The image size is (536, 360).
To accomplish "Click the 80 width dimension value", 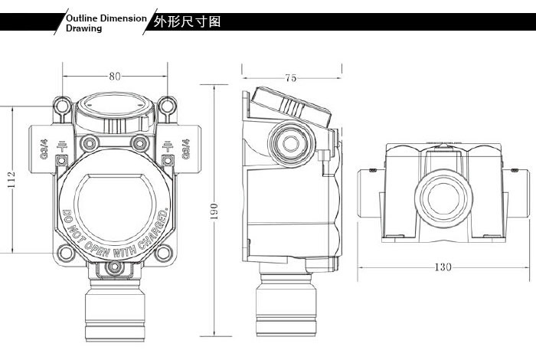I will [114, 77].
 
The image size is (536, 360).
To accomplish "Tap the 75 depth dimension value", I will [291, 77].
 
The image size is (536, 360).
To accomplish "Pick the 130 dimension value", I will [443, 267].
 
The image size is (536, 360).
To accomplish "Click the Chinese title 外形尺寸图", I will [188, 21].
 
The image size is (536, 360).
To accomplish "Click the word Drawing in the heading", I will [83, 28].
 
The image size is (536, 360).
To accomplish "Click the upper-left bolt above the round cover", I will [90, 142].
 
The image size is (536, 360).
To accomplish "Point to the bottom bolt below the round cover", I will [114, 266].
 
